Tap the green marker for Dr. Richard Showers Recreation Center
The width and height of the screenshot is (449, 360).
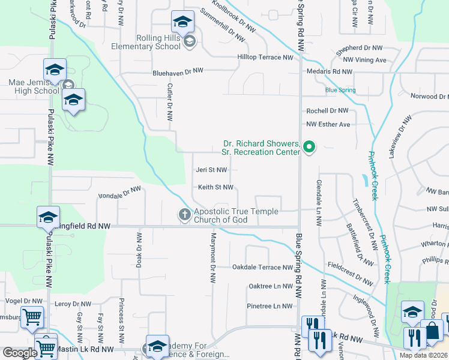click(309, 146)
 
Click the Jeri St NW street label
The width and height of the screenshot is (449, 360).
click(211, 170)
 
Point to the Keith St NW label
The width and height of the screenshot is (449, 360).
click(215, 187)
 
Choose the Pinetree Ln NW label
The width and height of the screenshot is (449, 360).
click(270, 306)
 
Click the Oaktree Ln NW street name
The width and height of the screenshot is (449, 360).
click(270, 286)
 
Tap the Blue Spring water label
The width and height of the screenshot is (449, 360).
click(340, 91)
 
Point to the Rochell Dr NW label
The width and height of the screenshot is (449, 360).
click(327, 111)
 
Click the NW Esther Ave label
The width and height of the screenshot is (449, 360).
click(328, 124)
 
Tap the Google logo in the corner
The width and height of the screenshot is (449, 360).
click(20, 353)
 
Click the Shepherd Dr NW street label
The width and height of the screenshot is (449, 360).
click(358, 47)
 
